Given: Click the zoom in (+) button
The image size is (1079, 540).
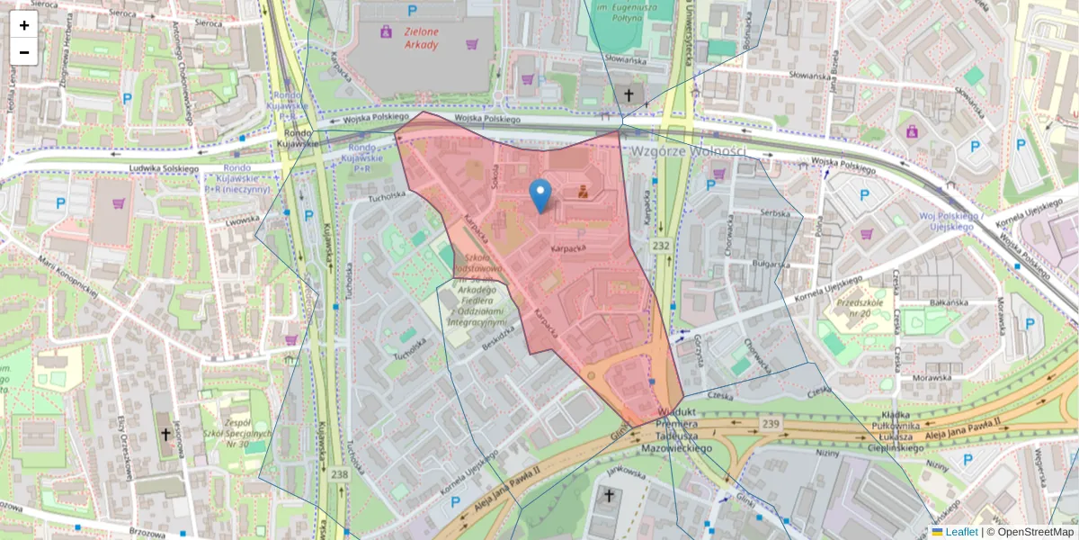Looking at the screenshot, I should (24, 25).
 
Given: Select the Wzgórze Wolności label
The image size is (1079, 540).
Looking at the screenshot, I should (689, 151).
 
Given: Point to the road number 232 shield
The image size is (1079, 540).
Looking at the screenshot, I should (662, 245).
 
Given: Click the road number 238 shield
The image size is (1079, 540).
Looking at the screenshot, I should (339, 474).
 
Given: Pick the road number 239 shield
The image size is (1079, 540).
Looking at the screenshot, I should (771, 424).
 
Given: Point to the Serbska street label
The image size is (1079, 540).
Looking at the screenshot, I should (773, 212).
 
